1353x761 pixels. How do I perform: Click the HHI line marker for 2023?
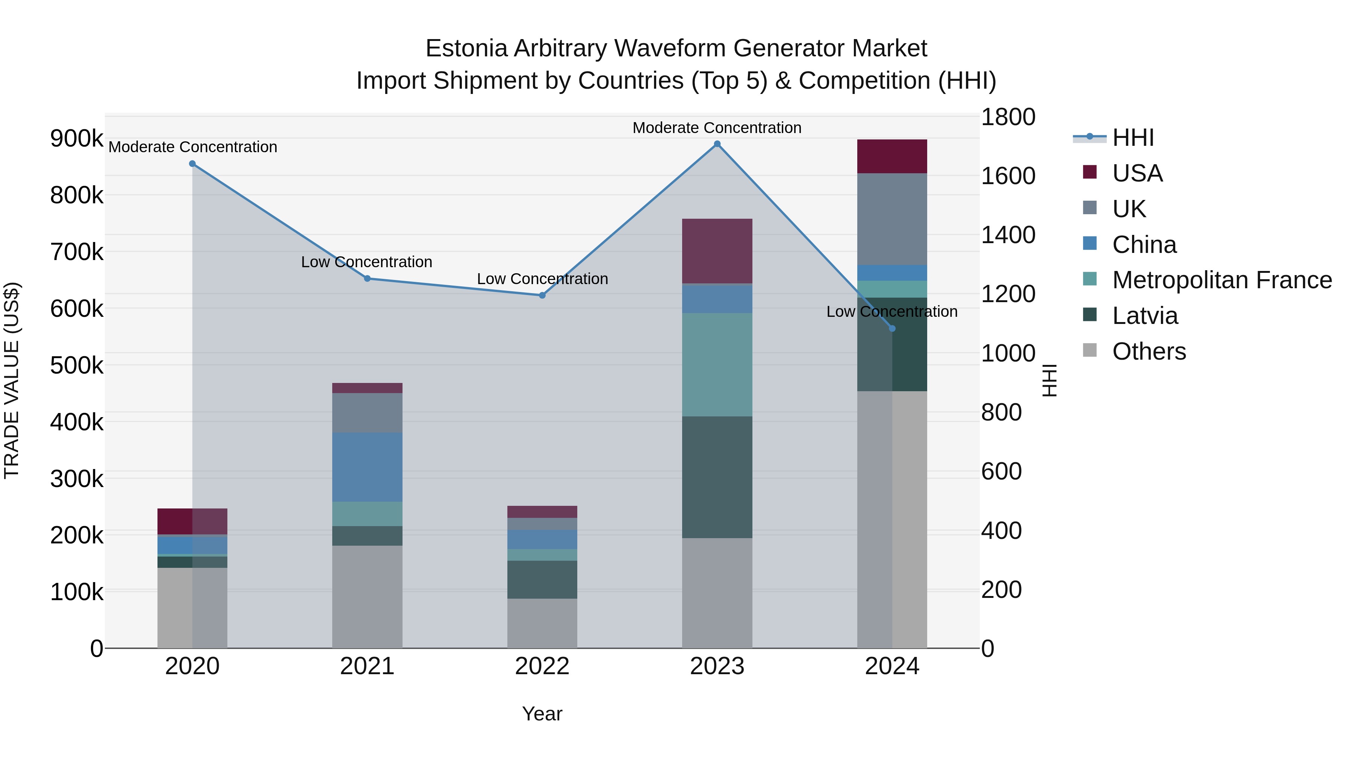pyautogui.click(x=717, y=144)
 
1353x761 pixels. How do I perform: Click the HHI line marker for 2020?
pyautogui.click(x=192, y=164)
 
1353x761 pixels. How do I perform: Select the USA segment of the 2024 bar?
pyautogui.click(x=892, y=156)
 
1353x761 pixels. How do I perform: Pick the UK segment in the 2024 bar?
pyautogui.click(x=892, y=219)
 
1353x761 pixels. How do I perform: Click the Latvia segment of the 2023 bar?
pyautogui.click(x=717, y=477)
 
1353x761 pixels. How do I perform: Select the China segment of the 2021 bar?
pyautogui.click(x=367, y=467)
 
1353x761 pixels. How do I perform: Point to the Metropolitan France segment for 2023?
pyautogui.click(x=717, y=365)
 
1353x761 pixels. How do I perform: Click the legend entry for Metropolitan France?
pyautogui.click(x=1222, y=280)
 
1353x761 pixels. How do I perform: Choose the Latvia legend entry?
pyautogui.click(x=1145, y=316)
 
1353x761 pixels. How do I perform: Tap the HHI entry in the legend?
pyautogui.click(x=1133, y=138)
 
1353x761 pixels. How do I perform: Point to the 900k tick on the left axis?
pyautogui.click(x=77, y=139)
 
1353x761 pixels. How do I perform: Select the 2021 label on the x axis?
pyautogui.click(x=367, y=666)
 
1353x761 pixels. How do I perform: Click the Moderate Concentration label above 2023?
pyautogui.click(x=717, y=128)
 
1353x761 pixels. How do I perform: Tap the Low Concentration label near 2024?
pyautogui.click(x=892, y=312)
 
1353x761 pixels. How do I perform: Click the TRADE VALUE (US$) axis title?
pyautogui.click(x=12, y=380)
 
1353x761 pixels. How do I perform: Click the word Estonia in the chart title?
pyautogui.click(x=466, y=48)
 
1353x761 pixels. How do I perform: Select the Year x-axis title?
pyautogui.click(x=542, y=714)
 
